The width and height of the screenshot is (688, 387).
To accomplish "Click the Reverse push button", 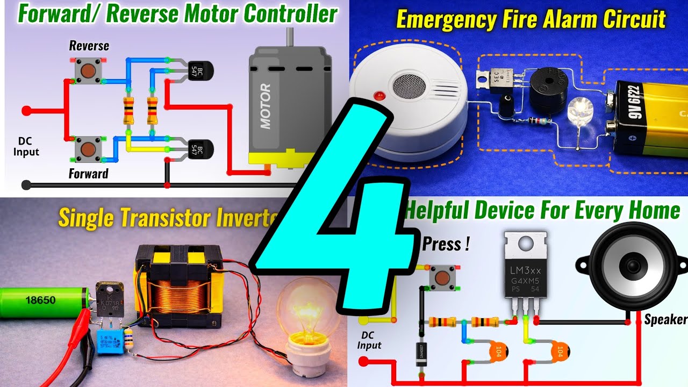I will click(x=87, y=70).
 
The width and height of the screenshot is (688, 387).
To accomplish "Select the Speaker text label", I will click(x=666, y=320).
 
